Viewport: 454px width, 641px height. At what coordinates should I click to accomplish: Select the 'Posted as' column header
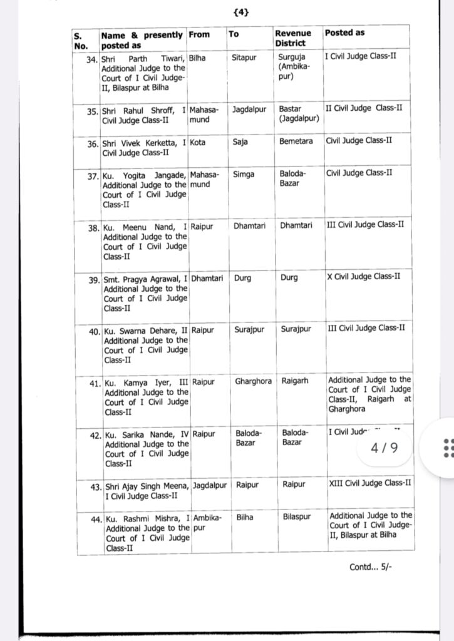344,33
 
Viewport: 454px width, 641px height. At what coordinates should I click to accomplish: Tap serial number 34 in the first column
92,57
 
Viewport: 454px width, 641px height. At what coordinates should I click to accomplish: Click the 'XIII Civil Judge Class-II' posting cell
369,483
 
